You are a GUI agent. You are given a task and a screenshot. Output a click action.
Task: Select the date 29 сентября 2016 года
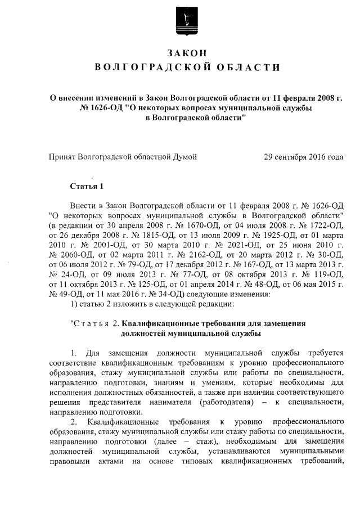click(x=304, y=157)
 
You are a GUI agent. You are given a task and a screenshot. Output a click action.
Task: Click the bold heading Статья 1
click(x=86, y=186)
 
